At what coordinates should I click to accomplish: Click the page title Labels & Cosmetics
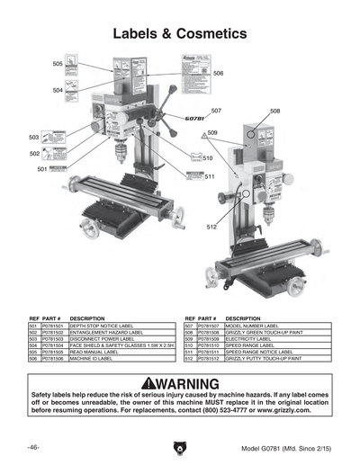coord(179,34)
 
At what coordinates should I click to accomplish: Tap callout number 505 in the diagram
coord(58,65)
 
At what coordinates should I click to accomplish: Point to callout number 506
coord(219,73)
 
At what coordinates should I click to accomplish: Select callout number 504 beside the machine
coord(58,90)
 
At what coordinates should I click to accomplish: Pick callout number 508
coord(274,111)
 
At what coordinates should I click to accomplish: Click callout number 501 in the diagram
coord(42,169)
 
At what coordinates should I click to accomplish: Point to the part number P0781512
coord(208,357)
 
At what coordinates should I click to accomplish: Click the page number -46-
coord(32,447)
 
